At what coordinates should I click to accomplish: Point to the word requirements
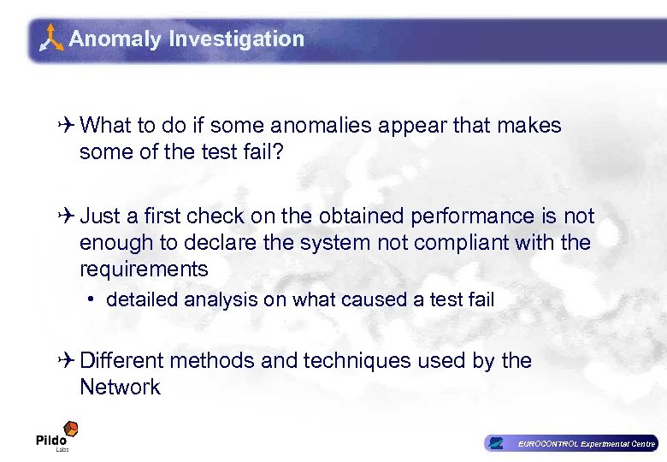[144, 269]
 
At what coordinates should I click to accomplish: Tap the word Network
[120, 388]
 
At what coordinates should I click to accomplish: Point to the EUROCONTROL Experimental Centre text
[585, 443]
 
